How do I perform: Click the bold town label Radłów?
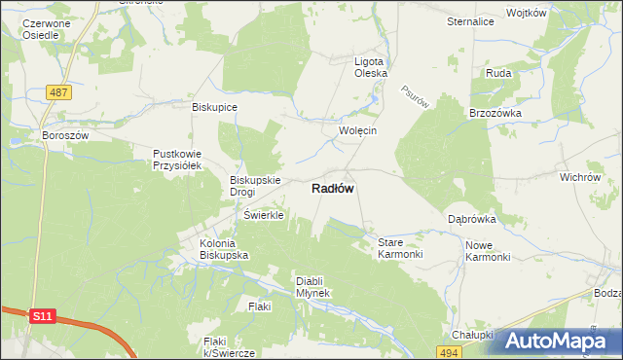tap(332, 190)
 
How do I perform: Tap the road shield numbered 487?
tap(59, 91)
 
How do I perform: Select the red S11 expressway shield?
tap(41, 317)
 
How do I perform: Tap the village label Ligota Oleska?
tap(371, 66)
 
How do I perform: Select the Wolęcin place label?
tap(356, 130)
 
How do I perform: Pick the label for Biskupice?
tap(215, 107)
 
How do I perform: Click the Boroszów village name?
tap(65, 135)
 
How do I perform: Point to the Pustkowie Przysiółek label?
tap(176, 160)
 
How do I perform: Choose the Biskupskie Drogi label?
tap(255, 186)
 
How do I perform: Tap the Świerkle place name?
tap(263, 215)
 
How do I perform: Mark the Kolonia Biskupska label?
tap(224, 248)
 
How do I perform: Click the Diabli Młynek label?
tap(313, 287)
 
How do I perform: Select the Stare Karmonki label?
tap(400, 247)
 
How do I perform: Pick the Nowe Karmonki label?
tap(488, 251)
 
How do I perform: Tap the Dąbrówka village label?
tap(473, 219)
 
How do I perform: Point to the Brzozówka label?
tap(495, 113)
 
